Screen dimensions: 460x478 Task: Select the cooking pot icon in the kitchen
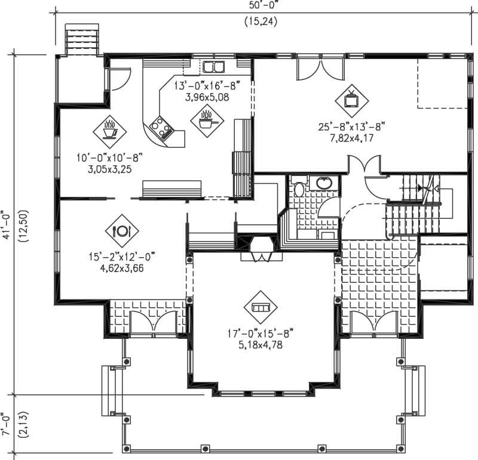coord(207,119)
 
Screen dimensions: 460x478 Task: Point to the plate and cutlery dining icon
coord(121,230)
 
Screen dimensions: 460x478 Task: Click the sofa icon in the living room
coord(261,307)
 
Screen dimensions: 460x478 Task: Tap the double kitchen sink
coord(212,66)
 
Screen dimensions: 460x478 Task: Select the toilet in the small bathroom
coord(299,189)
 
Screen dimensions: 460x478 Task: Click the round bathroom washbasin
coord(324,183)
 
